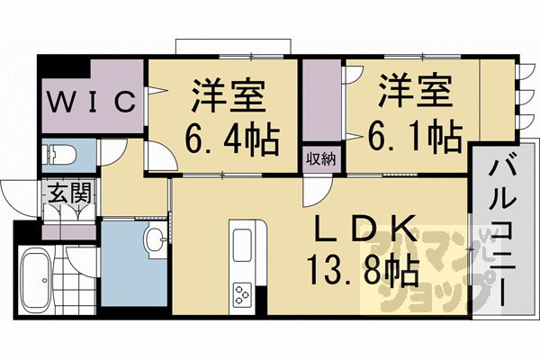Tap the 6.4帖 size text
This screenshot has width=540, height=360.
point(231,139)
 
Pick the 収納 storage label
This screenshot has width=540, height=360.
point(320,159)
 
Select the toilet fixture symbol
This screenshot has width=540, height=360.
point(58,154)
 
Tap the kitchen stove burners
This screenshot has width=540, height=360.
point(244,293)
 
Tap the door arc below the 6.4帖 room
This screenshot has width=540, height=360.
point(160,159)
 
